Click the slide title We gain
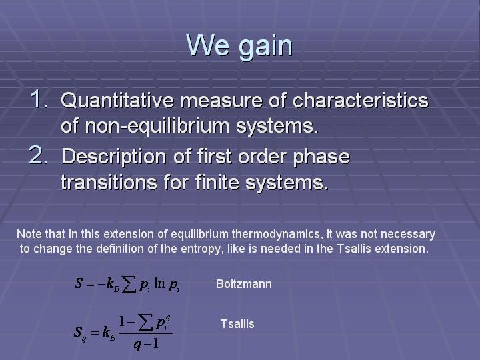tap(239, 46)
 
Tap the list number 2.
tap(39, 155)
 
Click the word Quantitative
tap(117, 101)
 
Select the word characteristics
tap(360, 100)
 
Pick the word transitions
tap(109, 182)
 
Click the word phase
tap(321, 157)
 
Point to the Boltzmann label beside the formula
tap(244, 284)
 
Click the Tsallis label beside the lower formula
tap(237, 324)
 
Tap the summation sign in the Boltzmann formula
tap(129, 285)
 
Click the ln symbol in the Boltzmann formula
tap(159, 283)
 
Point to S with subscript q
tap(79, 333)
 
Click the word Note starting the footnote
tap(29, 235)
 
